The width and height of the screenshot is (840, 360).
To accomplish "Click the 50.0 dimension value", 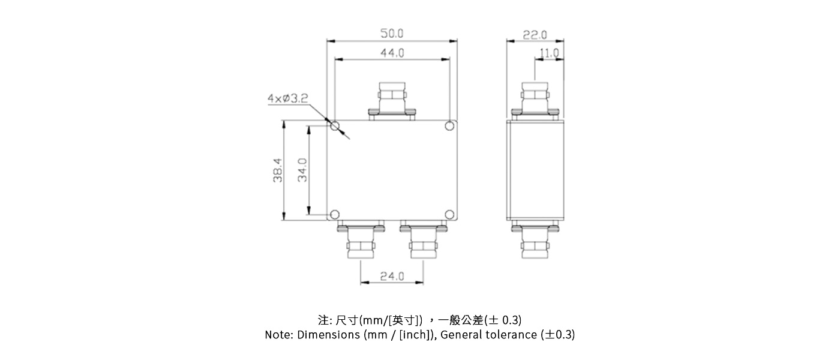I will point(392,34).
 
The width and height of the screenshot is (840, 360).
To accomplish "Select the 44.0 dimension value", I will point(392,53).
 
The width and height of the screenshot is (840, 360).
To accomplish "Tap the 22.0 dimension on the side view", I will point(535,34).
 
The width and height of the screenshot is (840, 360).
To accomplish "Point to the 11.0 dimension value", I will point(549,53).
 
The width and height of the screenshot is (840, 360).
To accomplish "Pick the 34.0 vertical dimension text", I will point(303,170).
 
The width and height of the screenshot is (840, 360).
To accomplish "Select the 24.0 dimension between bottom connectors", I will point(392,277).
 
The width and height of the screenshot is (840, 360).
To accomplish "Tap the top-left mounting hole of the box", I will point(335,126).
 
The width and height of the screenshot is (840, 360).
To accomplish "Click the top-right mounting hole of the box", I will point(449,126).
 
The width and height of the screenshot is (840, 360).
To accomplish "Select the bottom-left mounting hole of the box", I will point(335,214).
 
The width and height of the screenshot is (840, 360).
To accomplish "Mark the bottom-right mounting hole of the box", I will point(449,214).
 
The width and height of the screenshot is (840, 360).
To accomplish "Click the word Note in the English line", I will point(278,335).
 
